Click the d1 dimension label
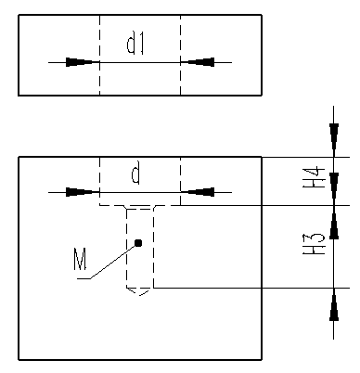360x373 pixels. [135, 45]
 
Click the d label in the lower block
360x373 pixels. [135, 174]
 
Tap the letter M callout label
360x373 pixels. [80, 259]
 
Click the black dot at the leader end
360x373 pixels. [138, 243]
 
